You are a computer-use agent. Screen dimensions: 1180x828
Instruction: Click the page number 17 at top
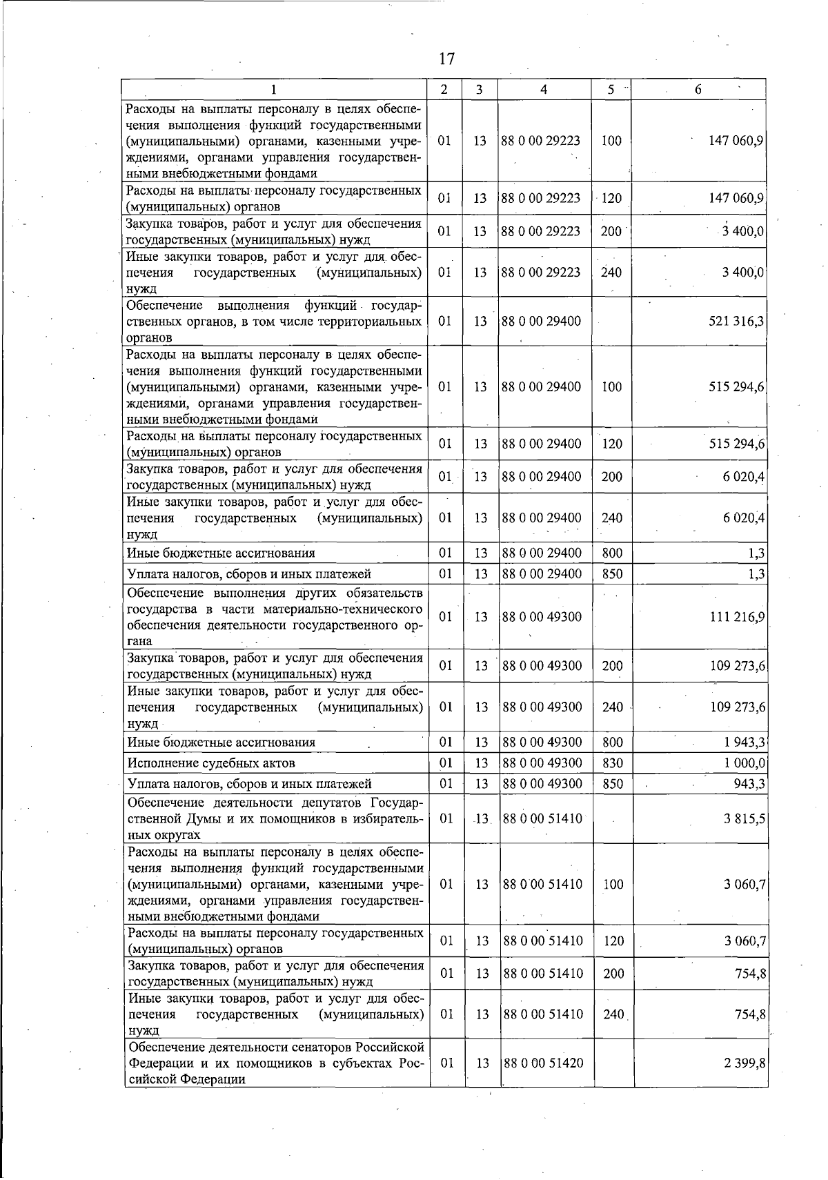(x=446, y=59)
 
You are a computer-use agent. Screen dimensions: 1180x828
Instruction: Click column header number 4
(x=544, y=90)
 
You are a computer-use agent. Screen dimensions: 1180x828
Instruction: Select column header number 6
(x=698, y=90)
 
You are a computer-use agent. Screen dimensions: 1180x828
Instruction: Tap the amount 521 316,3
(x=736, y=321)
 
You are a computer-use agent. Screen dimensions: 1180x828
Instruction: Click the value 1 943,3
(x=745, y=743)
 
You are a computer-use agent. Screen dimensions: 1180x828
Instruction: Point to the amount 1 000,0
(x=745, y=763)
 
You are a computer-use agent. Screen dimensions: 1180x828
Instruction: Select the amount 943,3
(x=749, y=784)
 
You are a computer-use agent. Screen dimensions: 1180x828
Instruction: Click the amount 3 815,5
(x=745, y=819)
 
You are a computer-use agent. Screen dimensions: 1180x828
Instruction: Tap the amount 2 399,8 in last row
(x=745, y=1063)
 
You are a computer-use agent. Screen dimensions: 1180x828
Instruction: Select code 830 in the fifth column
(x=612, y=763)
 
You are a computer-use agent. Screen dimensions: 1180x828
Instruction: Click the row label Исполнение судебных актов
(x=211, y=763)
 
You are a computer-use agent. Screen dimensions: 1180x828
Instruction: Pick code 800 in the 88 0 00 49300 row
(x=612, y=743)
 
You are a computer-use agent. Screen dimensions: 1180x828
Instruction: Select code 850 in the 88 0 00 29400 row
(x=612, y=574)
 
